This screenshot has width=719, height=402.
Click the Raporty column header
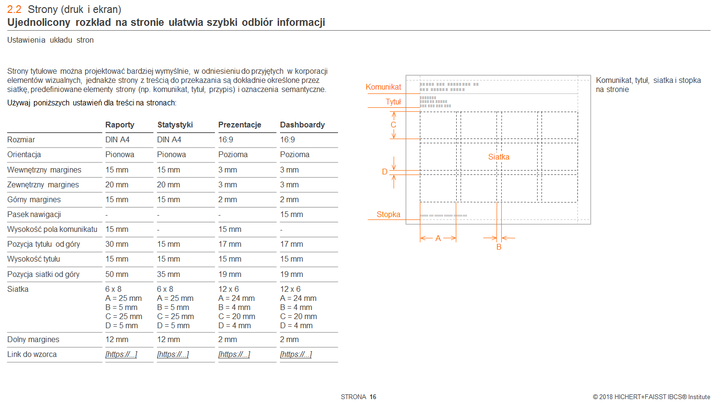(x=120, y=125)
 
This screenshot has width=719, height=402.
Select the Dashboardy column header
(x=303, y=125)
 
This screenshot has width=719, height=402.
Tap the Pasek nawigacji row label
(x=34, y=214)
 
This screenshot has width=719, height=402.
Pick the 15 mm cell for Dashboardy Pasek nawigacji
(x=292, y=214)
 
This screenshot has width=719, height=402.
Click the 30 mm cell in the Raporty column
(x=117, y=244)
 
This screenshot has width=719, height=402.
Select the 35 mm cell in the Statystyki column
(x=169, y=274)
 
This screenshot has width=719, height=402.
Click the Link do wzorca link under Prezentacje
(x=234, y=355)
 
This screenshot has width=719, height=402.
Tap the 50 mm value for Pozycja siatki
(x=117, y=274)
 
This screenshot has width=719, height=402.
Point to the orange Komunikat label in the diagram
(x=383, y=87)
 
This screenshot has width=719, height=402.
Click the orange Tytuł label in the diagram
(x=393, y=102)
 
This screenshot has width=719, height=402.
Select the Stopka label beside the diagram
(x=388, y=214)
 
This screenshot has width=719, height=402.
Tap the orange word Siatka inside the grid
(x=499, y=157)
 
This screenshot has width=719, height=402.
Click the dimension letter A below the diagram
(x=438, y=239)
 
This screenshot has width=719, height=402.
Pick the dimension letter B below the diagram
(x=499, y=247)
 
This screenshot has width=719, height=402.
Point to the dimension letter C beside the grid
(x=393, y=125)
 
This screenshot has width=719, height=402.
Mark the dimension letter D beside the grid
(x=384, y=172)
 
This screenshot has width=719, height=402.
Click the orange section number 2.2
(x=14, y=10)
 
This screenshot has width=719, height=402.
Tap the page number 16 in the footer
(x=372, y=397)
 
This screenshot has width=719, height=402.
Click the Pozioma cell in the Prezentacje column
(x=233, y=155)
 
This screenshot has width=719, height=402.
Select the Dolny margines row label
(x=34, y=339)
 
